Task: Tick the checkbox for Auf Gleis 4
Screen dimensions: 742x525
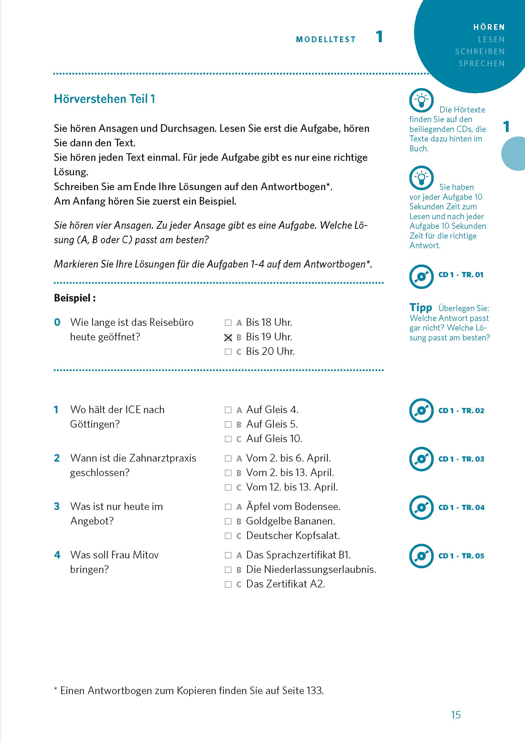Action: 228,410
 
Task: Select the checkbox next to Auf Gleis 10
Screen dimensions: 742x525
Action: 228,439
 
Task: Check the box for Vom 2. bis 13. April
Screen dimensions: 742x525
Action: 228,473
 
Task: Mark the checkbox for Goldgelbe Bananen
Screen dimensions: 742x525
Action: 228,521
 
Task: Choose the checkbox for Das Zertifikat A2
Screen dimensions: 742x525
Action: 228,584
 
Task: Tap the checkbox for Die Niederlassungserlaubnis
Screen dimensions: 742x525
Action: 228,570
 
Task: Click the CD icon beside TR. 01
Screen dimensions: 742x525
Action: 421,277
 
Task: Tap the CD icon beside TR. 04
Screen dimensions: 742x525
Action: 421,508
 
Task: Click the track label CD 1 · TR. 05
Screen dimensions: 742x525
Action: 461,556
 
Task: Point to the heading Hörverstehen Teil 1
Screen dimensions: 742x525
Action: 104,99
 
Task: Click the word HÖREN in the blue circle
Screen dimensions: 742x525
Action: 489,27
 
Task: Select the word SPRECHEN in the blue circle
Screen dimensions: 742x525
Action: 481,63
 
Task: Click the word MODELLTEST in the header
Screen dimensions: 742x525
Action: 325,39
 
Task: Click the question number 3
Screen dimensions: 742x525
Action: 57,506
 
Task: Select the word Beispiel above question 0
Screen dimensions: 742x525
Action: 72,298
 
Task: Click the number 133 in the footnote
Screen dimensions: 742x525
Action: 314,691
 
